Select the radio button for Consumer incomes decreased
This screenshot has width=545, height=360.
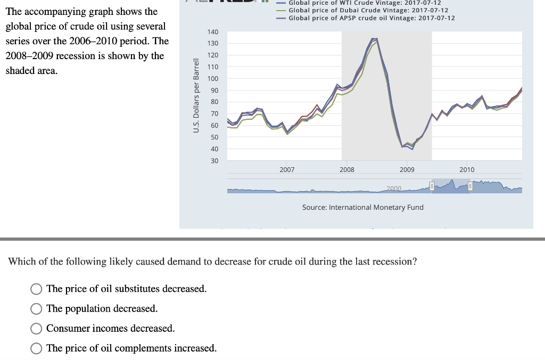36,329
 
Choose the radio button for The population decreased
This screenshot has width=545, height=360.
36,309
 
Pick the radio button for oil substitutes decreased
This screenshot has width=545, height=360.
36,289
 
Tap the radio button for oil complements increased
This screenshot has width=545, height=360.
36,349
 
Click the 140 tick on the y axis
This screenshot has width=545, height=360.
212,32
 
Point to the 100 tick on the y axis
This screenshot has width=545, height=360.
212,79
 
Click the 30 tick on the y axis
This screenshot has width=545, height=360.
214,161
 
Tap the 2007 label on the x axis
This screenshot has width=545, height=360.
287,170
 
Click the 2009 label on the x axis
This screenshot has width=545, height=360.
407,170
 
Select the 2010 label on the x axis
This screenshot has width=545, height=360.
467,170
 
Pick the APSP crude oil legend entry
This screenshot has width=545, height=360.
371,18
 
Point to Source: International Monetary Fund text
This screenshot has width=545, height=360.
362,207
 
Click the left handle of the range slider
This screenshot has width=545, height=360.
432,186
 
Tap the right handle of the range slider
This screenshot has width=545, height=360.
470,186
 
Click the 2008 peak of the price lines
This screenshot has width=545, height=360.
374,39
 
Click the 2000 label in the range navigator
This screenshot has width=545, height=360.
394,189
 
